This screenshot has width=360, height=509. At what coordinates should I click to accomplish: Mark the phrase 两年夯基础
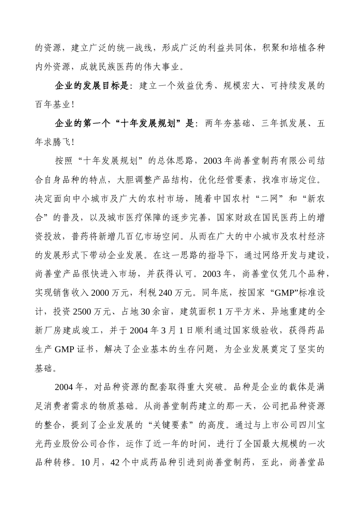(x=228, y=123)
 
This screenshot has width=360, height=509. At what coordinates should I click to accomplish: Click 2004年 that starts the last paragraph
(x=69, y=387)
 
